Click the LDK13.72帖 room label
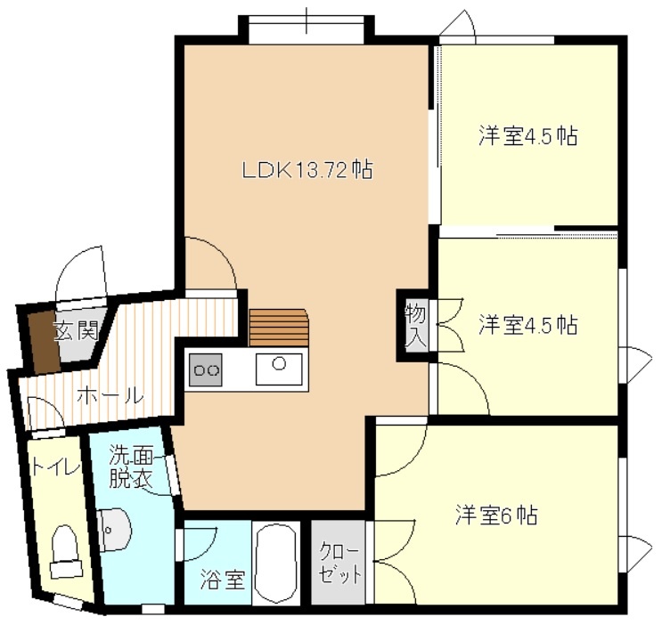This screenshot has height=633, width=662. tap(306, 170)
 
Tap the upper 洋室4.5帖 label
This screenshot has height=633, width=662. tap(528, 136)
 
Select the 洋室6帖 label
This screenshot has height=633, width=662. tap(496, 515)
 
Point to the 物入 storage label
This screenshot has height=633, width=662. tap(416, 325)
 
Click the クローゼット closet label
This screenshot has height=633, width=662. tap(339, 563)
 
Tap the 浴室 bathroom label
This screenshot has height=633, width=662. tap(223, 579)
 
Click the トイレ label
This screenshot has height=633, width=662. tap(55, 468)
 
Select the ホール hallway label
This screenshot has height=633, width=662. tap(110, 397)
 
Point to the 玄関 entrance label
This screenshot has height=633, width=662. tap(77, 331)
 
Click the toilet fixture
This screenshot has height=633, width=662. tap(65, 552)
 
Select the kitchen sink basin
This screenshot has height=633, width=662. tap(279, 369)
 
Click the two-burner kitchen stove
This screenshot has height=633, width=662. tap(206, 369)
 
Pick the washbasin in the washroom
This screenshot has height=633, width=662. tap(113, 530)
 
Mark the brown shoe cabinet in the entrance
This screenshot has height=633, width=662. tap(44, 342)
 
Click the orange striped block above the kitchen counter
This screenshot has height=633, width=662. tap(279, 328)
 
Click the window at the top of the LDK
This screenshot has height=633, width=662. tap(306, 30)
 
